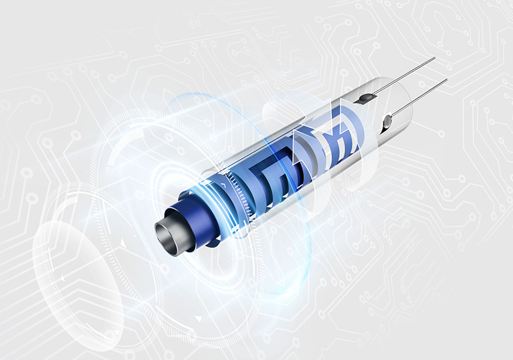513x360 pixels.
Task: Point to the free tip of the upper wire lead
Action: click(x=434, y=59)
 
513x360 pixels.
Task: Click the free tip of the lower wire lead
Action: click(x=447, y=80)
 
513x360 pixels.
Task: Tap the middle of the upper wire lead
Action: click(x=401, y=78)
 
